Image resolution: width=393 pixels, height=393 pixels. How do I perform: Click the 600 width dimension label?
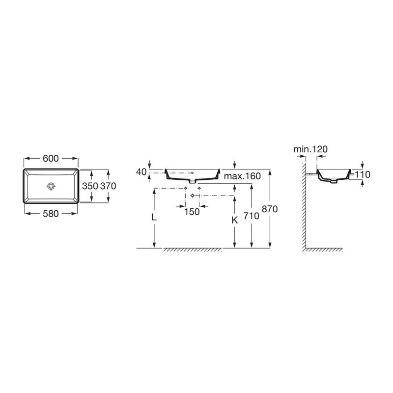(x=51, y=158)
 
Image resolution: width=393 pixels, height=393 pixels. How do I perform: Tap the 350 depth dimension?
(x=90, y=186)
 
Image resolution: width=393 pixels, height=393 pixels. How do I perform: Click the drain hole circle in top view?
(x=51, y=186)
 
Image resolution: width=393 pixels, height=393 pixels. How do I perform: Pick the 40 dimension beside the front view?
(x=141, y=172)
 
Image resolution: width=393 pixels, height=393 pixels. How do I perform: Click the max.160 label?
(x=242, y=176)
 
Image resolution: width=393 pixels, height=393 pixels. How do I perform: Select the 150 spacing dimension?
(x=192, y=212)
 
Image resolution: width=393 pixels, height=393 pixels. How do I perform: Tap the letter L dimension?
(x=154, y=217)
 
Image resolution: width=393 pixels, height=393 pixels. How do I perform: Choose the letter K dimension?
(x=235, y=221)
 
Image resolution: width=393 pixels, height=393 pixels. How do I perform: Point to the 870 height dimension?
(x=271, y=208)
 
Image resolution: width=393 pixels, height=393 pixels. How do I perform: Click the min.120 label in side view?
(x=310, y=149)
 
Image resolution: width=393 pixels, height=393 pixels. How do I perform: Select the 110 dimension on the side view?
(x=363, y=174)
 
